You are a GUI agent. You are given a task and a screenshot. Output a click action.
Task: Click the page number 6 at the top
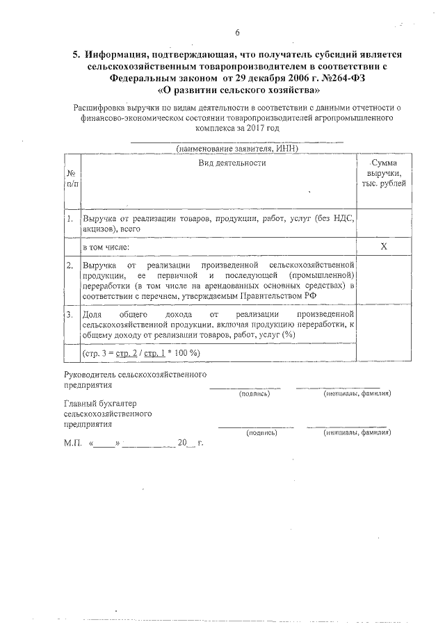(237, 33)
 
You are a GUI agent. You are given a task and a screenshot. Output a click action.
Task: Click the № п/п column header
(72, 179)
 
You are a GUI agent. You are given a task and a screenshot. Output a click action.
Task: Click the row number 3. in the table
(71, 315)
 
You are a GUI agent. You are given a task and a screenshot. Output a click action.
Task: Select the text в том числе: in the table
(106, 247)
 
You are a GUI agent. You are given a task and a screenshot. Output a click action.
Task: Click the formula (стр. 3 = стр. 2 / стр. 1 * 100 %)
(141, 353)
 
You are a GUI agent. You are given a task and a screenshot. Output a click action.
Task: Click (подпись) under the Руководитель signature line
(254, 393)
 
